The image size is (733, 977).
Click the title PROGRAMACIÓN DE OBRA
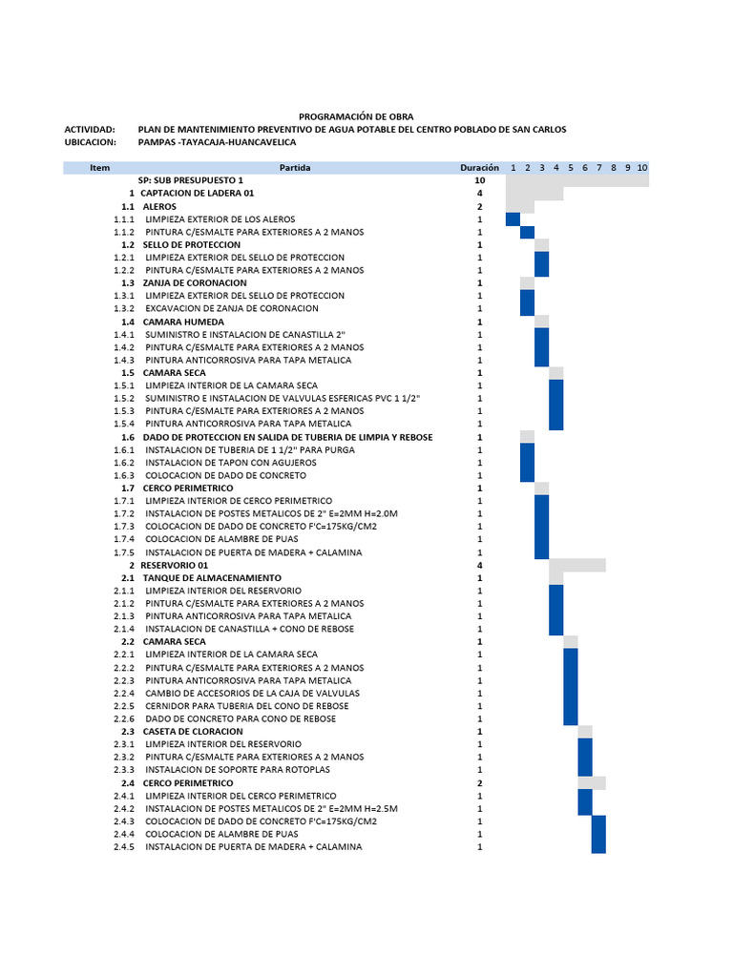(356, 116)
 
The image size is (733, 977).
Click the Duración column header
(479, 168)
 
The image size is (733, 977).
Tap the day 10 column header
(642, 168)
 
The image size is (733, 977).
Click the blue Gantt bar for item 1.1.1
(513, 219)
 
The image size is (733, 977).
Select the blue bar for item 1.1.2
(527, 232)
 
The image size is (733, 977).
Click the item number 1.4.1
(124, 335)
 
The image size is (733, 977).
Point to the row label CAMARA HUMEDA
(178, 322)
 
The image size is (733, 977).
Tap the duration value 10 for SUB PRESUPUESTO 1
(480, 180)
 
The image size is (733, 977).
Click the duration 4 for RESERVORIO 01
(480, 565)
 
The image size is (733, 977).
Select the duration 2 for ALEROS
(480, 206)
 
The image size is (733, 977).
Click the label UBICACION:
(90, 142)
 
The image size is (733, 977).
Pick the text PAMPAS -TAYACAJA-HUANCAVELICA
(218, 142)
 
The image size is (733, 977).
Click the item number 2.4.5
(124, 847)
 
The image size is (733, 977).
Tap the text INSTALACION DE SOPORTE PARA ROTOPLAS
(239, 770)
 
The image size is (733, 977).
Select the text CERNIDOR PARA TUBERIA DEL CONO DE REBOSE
(247, 706)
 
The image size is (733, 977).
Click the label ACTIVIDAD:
(90, 129)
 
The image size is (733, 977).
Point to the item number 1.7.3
(124, 527)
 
